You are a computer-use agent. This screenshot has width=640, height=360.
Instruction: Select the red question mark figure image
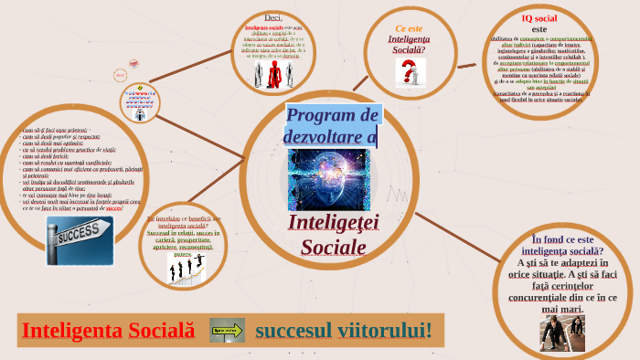coord(411,73)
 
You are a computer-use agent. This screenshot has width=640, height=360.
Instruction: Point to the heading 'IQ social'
coord(539,18)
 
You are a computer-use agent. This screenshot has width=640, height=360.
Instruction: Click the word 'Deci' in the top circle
coord(273,17)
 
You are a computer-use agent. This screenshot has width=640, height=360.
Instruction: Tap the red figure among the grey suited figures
coord(273,77)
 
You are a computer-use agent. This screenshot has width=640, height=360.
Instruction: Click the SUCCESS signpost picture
coord(80,239)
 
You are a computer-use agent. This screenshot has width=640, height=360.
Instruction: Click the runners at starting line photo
coord(562,334)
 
